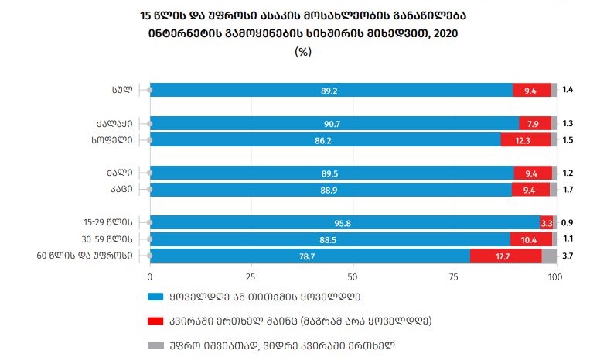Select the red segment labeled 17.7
click(506, 256)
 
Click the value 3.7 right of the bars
click(568, 256)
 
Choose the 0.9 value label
click(568, 223)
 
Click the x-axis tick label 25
click(251, 276)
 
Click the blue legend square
click(153, 296)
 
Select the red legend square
click(153, 319)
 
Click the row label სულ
click(121, 90)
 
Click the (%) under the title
click(303, 51)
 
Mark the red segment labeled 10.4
click(530, 239)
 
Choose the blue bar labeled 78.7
click(309, 256)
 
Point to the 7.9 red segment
click(534, 124)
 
